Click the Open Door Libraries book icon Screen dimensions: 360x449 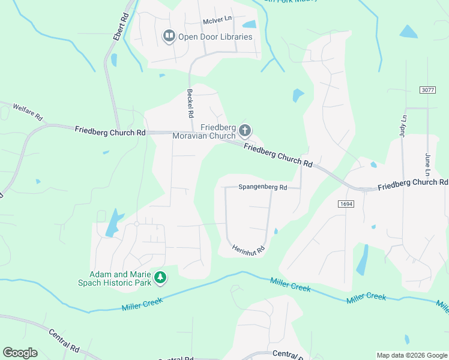[169, 37]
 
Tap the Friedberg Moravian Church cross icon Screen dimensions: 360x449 [244, 130]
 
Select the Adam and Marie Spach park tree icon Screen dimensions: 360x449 [160, 277]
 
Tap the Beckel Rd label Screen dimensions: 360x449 [190, 103]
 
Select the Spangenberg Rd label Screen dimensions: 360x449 [263, 187]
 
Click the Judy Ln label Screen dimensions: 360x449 [403, 126]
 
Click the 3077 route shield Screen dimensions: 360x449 [427, 89]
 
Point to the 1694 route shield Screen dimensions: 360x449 [345, 204]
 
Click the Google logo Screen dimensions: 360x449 [20, 353]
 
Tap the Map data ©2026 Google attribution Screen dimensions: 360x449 [412, 355]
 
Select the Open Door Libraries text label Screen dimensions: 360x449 [215, 37]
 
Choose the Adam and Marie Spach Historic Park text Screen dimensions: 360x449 [120, 277]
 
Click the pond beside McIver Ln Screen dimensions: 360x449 [249, 25]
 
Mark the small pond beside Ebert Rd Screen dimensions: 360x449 [113, 59]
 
